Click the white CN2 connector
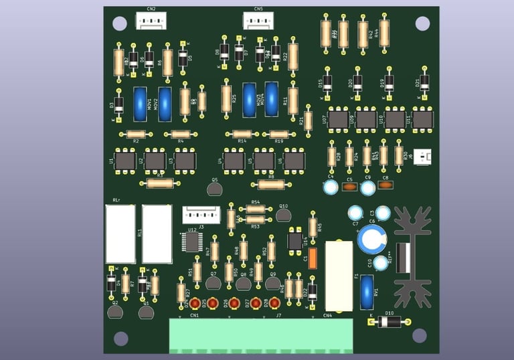[151, 22]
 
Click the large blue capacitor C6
[371, 239]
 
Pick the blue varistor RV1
[366, 288]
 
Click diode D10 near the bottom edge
[389, 322]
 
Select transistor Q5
[214, 189]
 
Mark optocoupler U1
[125, 161]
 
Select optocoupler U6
[294, 161]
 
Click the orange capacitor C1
[313, 258]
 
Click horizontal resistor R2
[135, 134]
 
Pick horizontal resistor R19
[279, 134]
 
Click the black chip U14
[295, 240]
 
